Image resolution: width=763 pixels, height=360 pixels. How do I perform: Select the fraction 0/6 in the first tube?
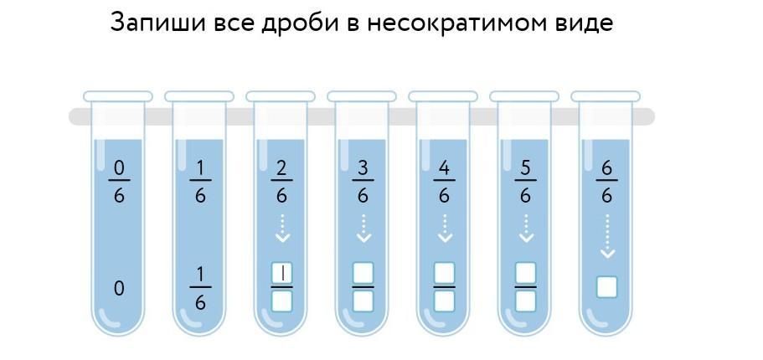(119, 182)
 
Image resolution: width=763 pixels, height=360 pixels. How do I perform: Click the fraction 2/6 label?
(281, 182)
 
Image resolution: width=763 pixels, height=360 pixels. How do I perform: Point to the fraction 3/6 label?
(363, 182)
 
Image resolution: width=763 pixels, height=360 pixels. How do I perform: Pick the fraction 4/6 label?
(444, 182)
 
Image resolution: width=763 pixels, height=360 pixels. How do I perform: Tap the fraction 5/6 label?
(525, 182)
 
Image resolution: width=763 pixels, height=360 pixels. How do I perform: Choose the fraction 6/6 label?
(606, 182)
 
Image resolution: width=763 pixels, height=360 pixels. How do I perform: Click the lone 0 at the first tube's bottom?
(119, 289)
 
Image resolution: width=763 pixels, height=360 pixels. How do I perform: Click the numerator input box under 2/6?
(281, 272)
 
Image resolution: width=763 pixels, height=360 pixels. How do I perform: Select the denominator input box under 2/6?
(281, 301)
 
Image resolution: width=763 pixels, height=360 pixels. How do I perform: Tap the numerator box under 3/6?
(363, 272)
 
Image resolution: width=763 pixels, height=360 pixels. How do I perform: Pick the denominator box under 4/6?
(444, 301)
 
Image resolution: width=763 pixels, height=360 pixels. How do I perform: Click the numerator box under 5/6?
(525, 272)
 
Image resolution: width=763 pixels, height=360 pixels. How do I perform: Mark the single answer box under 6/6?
(606, 287)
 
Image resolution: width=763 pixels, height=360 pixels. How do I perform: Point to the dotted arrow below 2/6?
(281, 228)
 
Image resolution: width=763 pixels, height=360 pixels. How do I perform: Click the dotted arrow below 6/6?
(606, 235)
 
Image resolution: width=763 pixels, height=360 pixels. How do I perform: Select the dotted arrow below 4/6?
(444, 228)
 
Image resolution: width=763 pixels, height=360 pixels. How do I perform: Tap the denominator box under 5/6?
(525, 301)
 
